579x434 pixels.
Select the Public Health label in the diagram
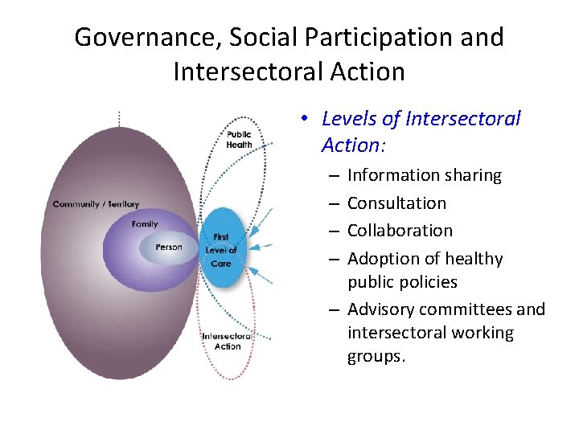pos(239,140)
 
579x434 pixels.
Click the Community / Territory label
pos(96,204)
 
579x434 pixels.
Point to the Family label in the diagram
pos(145,224)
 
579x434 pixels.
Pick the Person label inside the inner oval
pos(168,247)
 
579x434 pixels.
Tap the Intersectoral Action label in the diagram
pos(228,341)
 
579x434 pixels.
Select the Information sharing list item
pos(424,175)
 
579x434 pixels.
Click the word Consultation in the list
pos(396,203)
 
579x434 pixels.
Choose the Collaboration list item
pos(400,231)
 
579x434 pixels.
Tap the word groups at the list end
pos(375,356)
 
